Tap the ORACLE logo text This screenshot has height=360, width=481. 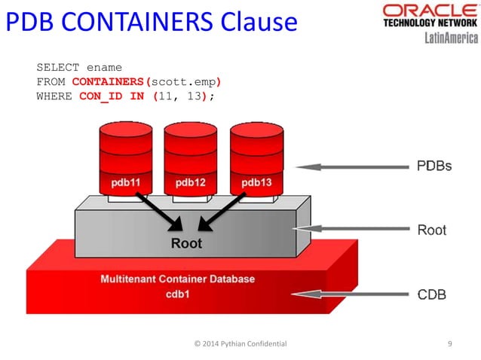pyautogui.click(x=427, y=11)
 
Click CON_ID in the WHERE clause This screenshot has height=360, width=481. pyautogui.click(x=101, y=96)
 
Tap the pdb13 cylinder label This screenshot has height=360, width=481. pyautogui.click(x=256, y=182)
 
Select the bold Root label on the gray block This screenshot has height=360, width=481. pyautogui.click(x=186, y=243)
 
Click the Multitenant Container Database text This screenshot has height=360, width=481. pyautogui.click(x=178, y=279)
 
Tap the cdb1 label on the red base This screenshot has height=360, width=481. pyautogui.click(x=178, y=294)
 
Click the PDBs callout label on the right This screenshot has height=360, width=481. pyautogui.click(x=434, y=165)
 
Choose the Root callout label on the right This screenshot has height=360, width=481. pyautogui.click(x=431, y=230)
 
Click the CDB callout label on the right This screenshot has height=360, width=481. pyautogui.click(x=431, y=294)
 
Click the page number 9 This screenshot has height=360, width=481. pyautogui.click(x=450, y=343)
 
